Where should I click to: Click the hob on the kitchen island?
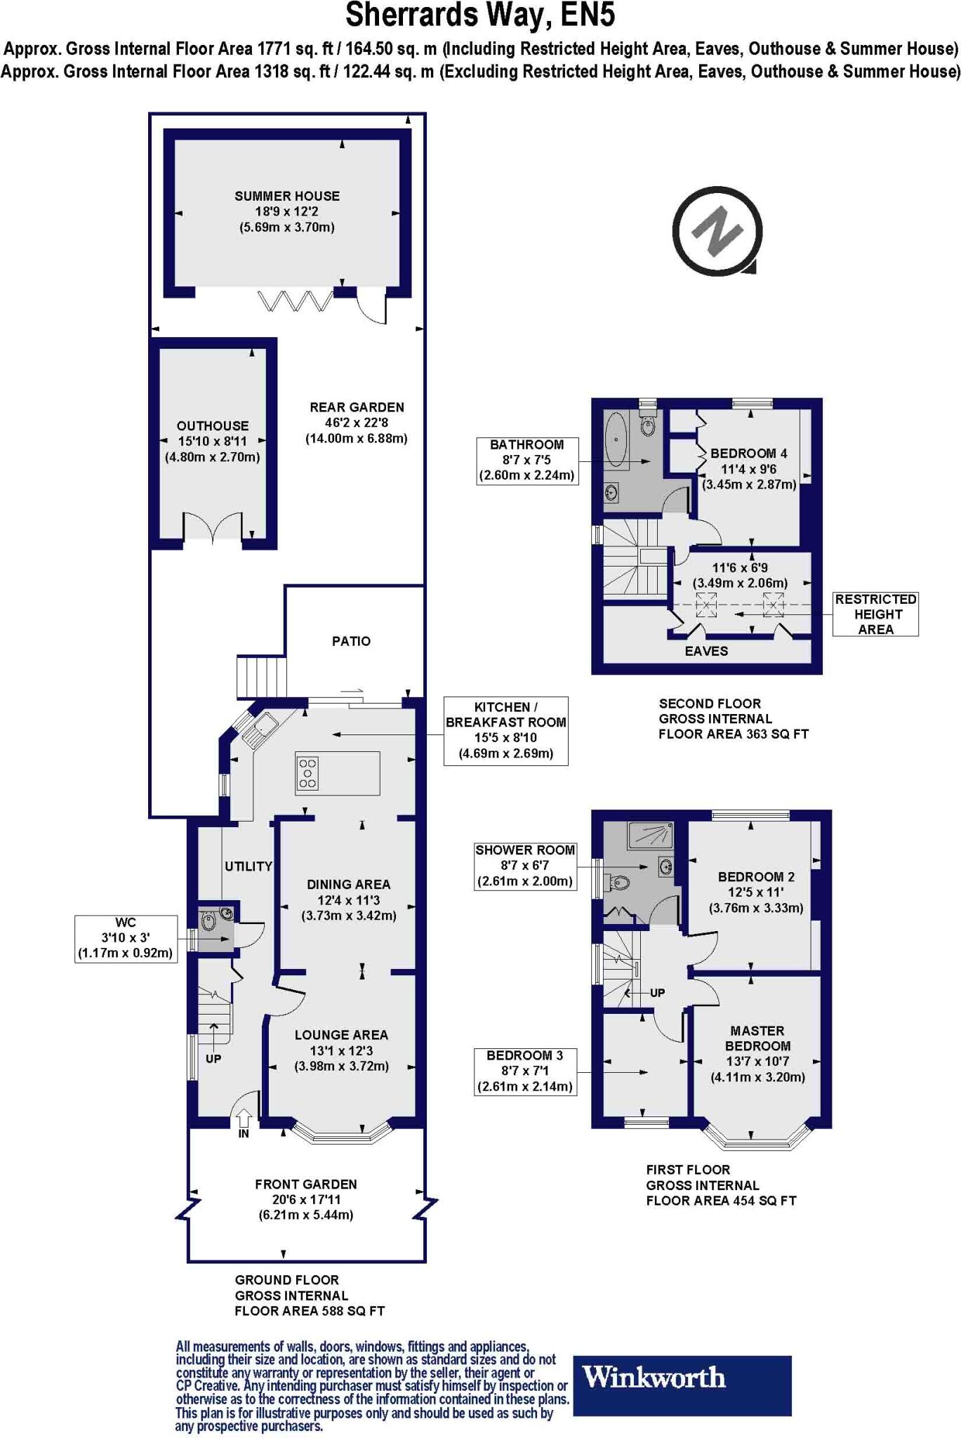pyautogui.click(x=307, y=773)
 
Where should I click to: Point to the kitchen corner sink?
pyautogui.click(x=261, y=727)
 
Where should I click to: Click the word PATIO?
pyautogui.click(x=351, y=641)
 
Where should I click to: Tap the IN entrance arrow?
pyautogui.click(x=244, y=1116)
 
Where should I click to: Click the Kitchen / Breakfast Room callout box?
pyautogui.click(x=505, y=730)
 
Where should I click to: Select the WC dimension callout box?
pyautogui.click(x=126, y=938)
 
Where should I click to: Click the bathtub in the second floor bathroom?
pyautogui.click(x=616, y=440)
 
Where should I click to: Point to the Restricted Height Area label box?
pyautogui.click(x=875, y=614)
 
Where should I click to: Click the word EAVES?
pyautogui.click(x=706, y=651)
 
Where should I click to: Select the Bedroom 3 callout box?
pyautogui.click(x=525, y=1071)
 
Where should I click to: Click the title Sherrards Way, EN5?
pyautogui.click(x=480, y=15)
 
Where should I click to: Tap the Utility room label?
pyautogui.click(x=248, y=866)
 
